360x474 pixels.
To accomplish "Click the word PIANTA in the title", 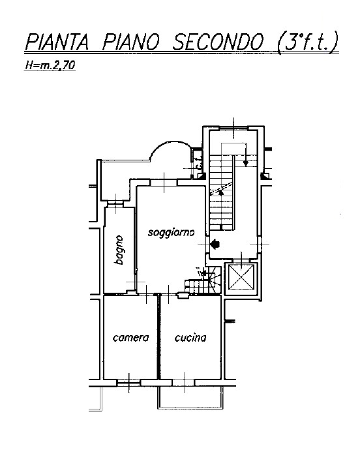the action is [x=57, y=42].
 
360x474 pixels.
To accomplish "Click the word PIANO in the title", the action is [x=130, y=42].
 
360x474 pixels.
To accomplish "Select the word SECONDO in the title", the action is [x=218, y=42].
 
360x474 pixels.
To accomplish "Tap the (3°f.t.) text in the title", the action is [x=307, y=42].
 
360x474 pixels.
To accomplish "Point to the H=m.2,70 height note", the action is [x=50, y=65].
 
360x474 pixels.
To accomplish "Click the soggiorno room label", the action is [x=171, y=233].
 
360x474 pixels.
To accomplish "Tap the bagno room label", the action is [x=119, y=250].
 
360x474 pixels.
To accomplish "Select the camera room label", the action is [x=130, y=337].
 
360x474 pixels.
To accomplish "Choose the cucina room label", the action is [x=190, y=337].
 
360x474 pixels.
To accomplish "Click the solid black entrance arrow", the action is [x=215, y=244].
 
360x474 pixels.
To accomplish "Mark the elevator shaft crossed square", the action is [x=241, y=277].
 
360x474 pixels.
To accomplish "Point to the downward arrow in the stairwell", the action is [x=245, y=155].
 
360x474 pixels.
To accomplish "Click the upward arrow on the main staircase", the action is [x=221, y=192].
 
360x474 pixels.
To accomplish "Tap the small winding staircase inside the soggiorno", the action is [x=203, y=280].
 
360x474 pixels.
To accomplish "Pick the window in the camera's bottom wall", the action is [x=128, y=383].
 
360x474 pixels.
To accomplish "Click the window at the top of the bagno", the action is [x=116, y=204].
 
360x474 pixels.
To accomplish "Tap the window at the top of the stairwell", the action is [x=233, y=128].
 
